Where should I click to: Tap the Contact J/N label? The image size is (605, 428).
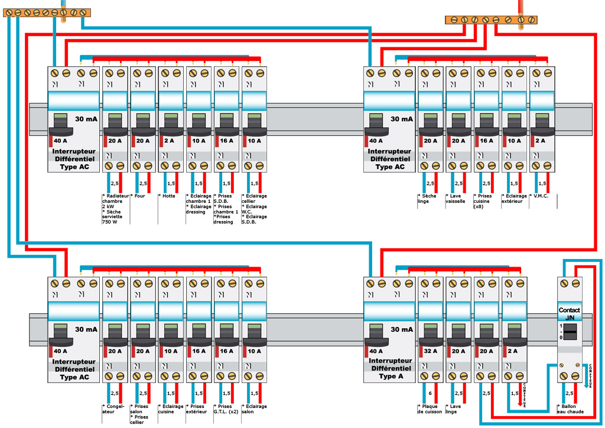point(570,314)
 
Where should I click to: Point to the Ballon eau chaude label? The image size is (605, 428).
point(570,409)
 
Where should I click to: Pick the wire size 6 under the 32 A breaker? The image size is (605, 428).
point(430,393)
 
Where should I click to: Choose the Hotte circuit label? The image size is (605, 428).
point(167,196)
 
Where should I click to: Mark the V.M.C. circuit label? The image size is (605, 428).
point(539,196)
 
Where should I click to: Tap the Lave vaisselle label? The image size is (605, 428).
point(456,199)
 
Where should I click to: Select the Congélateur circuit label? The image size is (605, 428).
point(112,409)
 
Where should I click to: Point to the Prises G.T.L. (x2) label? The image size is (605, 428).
point(227,409)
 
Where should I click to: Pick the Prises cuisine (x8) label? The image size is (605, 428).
point(484,202)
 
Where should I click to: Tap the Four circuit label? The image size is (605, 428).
point(138,196)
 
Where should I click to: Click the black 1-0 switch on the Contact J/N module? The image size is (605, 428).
point(570,332)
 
